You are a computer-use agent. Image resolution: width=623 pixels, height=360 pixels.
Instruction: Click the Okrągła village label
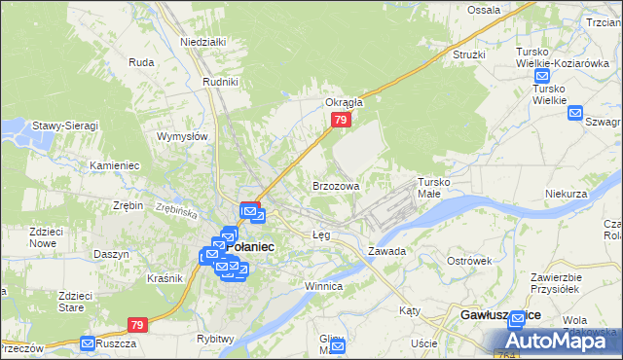point(344,101)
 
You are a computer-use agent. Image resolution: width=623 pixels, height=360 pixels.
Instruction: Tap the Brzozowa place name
point(336,185)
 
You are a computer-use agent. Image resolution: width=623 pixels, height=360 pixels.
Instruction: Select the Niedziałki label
point(202,42)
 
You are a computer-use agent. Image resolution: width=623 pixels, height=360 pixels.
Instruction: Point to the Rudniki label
point(220,82)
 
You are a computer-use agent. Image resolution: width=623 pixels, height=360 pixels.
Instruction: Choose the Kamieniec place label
point(114,165)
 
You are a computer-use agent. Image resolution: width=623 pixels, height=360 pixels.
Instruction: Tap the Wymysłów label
point(183,137)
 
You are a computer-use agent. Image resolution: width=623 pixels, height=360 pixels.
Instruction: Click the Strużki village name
point(468,54)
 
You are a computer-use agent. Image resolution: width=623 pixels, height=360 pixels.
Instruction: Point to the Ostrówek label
point(468,261)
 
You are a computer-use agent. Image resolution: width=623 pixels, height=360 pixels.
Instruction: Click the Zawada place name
point(386,250)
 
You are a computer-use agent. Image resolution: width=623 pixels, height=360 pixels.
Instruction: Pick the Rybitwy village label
point(215,338)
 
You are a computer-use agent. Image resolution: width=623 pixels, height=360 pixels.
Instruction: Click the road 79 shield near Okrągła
point(340,120)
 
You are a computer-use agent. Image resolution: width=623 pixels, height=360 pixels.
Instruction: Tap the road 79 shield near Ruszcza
point(138,325)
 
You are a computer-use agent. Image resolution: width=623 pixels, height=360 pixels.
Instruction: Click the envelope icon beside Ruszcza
point(88,343)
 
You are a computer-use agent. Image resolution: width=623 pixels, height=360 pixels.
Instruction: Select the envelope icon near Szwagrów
point(574,113)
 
